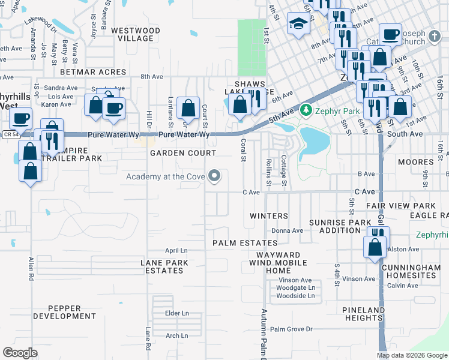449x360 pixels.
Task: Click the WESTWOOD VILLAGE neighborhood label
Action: tap(136, 34)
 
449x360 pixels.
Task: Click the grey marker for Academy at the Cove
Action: tap(215, 176)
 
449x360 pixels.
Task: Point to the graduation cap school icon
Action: tap(297, 24)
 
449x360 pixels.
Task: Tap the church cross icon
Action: tap(435, 38)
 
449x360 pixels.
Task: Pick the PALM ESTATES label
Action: tap(245, 243)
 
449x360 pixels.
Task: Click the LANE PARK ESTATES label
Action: tap(164, 266)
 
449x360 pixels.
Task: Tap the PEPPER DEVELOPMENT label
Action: tap(64, 312)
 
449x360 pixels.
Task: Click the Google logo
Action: tap(20, 352)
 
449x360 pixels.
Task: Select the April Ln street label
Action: tap(176, 250)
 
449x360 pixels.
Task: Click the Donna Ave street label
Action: tap(287, 230)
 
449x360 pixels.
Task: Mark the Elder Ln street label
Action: tap(176, 313)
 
